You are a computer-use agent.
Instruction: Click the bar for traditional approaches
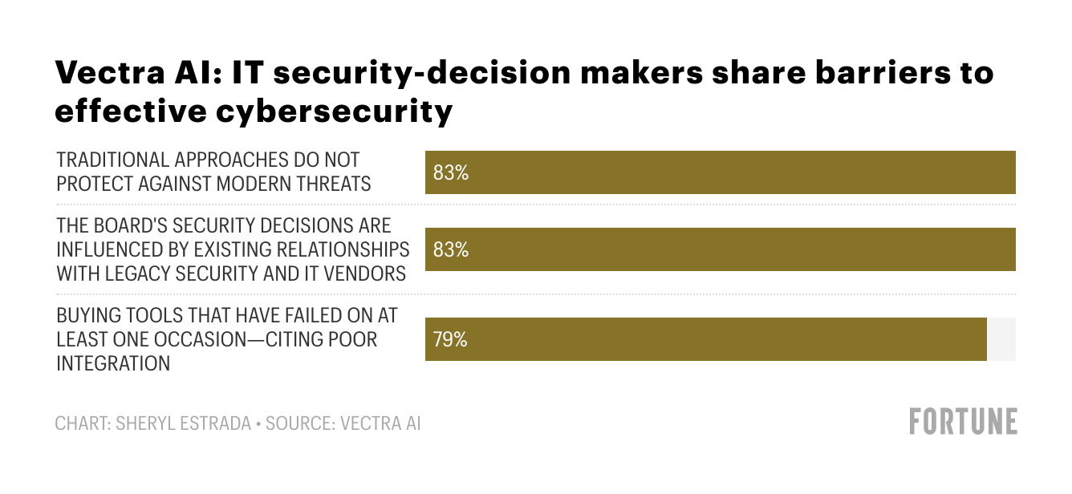tap(720, 172)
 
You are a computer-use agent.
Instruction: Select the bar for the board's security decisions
tap(720, 249)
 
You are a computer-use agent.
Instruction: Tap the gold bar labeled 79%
tap(706, 339)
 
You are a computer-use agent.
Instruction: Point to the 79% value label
tap(450, 339)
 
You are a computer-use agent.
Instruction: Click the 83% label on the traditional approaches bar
tap(450, 172)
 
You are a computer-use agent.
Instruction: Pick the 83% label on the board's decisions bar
tap(450, 249)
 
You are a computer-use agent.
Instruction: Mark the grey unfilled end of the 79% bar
tap(1001, 339)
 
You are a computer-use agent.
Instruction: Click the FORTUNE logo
tap(963, 422)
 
